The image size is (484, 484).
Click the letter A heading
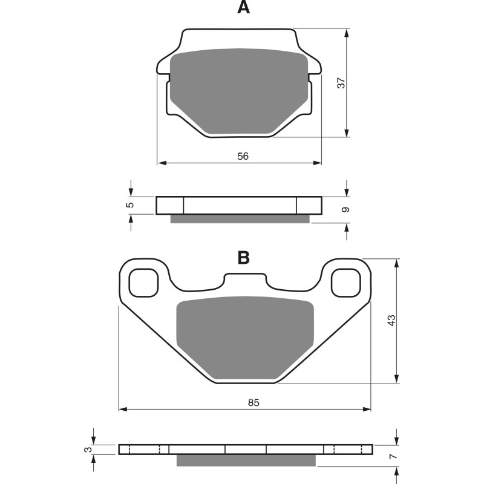click(243, 8)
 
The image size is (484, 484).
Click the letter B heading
click(243, 258)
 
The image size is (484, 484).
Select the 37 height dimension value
click(341, 83)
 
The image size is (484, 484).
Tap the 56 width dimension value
click(243, 156)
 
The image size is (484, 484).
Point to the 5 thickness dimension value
click(129, 206)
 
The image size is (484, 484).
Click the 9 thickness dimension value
click(345, 210)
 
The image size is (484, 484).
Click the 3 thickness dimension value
click(88, 450)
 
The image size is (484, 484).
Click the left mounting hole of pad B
click(143, 283)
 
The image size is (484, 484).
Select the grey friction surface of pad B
click(245, 337)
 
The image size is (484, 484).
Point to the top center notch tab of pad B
click(244, 280)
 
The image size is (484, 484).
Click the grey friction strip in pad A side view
click(240, 219)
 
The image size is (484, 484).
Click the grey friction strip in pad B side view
click(246, 461)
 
